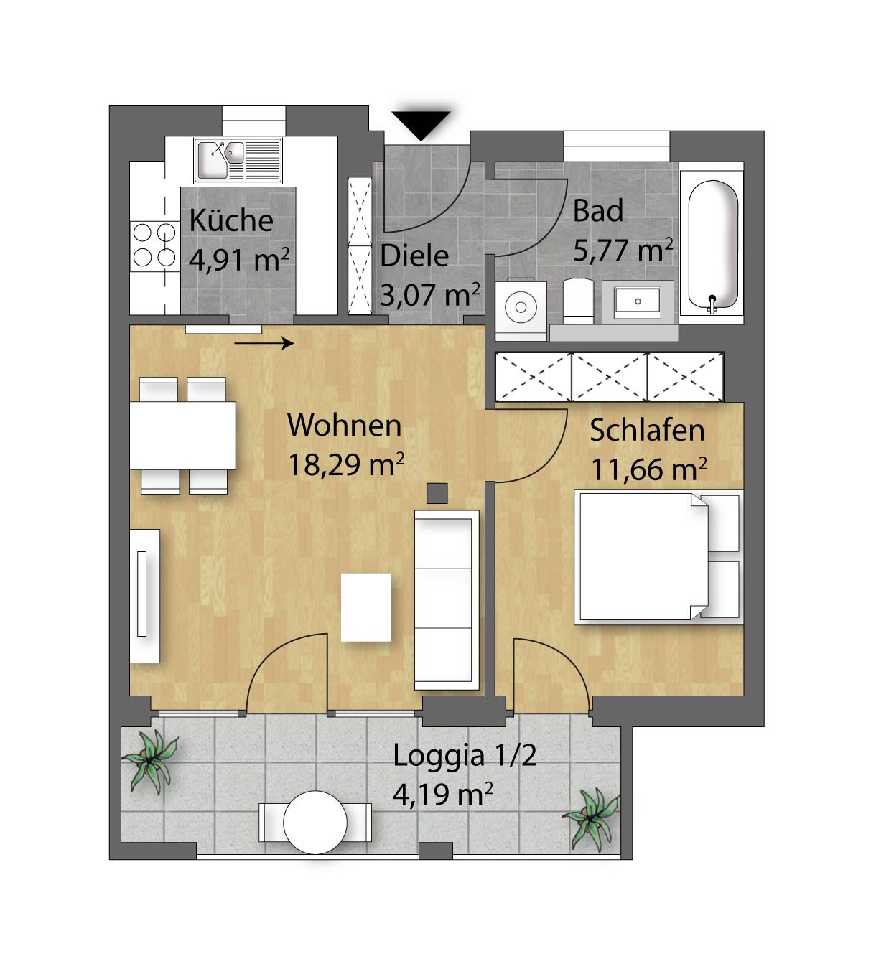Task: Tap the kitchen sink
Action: click(238, 160)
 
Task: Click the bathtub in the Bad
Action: click(712, 243)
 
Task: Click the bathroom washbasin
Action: click(638, 302)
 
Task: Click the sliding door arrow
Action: click(264, 343)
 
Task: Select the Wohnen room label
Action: click(344, 425)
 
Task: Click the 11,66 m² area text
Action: click(649, 469)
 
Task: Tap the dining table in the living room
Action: click(183, 435)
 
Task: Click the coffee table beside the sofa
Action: click(366, 607)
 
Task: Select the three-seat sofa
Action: click(447, 600)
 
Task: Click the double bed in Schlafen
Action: click(659, 557)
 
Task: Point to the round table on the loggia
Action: click(315, 822)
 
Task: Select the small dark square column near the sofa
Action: click(437, 493)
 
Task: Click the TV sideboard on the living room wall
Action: click(144, 596)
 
